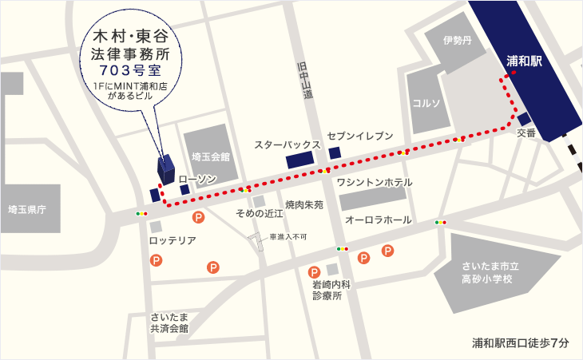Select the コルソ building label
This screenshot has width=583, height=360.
coord(427,103)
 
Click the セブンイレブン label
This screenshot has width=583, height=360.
coord(360,136)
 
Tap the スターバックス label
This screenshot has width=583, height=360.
coord(288,145)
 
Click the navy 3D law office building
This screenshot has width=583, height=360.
coord(165,168)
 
